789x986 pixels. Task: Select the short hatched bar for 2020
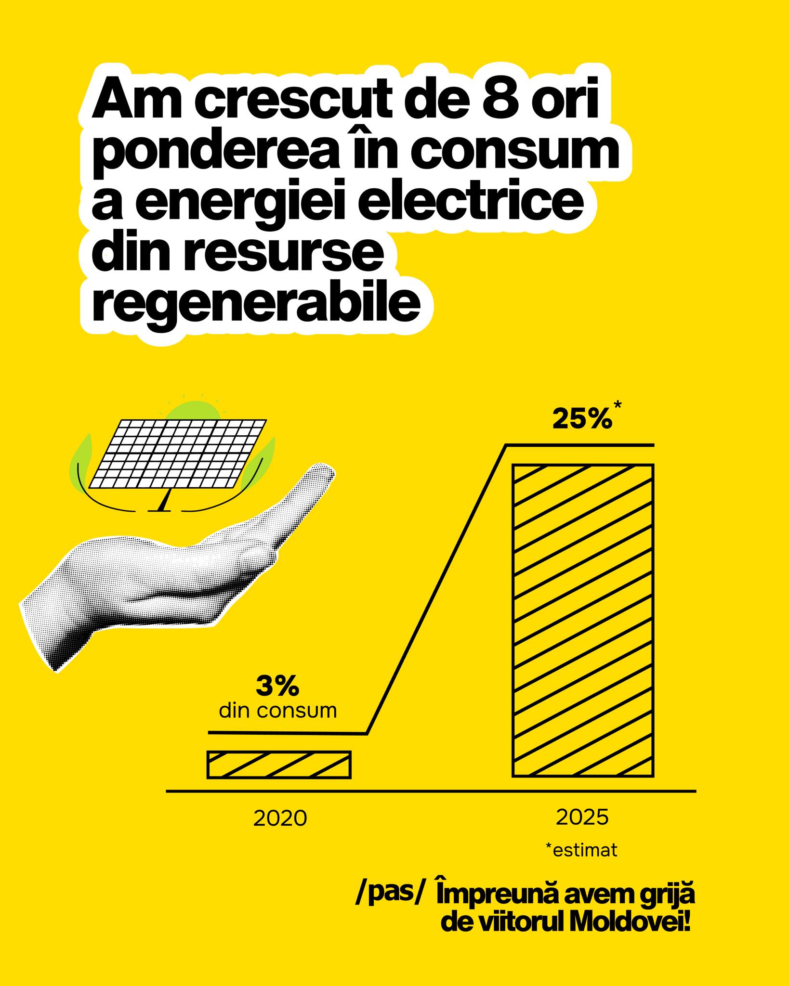click(x=279, y=764)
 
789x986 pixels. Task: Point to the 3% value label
click(x=277, y=687)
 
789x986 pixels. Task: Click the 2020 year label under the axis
click(x=280, y=818)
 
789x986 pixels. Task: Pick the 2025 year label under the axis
click(x=582, y=817)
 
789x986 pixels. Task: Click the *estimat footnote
click(x=581, y=850)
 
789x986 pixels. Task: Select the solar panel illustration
click(x=177, y=454)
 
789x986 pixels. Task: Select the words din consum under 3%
click(x=278, y=711)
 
